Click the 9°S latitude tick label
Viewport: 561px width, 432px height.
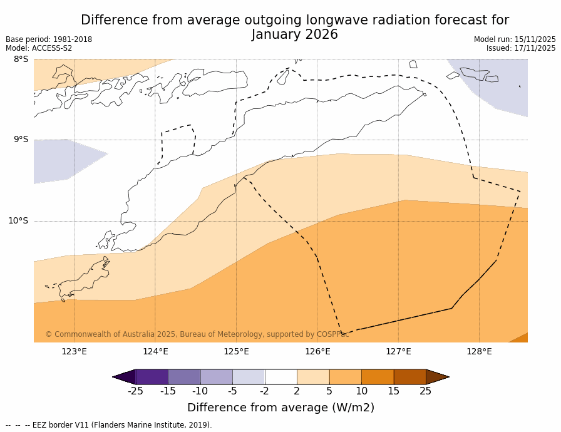[21, 140]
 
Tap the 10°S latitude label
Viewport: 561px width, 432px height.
[18, 220]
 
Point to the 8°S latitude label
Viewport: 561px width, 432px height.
[21, 59]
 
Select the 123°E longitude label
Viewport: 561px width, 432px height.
[74, 351]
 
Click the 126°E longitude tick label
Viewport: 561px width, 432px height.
[317, 351]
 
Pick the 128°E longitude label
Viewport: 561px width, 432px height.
[479, 351]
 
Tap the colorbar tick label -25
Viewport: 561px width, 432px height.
[135, 391]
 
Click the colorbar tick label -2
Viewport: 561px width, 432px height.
[265, 391]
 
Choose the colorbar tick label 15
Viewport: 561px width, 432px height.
[394, 391]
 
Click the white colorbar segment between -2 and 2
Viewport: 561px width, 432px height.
[281, 377]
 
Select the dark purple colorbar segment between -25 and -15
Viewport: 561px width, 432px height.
[152, 377]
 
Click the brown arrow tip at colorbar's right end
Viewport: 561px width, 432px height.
[438, 377]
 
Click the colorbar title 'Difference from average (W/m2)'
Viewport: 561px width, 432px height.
[280, 408]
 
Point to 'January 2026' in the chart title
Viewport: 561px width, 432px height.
[295, 34]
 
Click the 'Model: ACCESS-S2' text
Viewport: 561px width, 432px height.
[39, 48]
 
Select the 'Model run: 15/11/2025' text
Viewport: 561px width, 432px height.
[515, 39]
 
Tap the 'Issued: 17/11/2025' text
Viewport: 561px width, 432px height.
[521, 48]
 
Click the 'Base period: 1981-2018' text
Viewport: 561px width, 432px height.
[49, 39]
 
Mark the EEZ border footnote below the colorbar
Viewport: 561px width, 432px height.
[109, 425]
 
